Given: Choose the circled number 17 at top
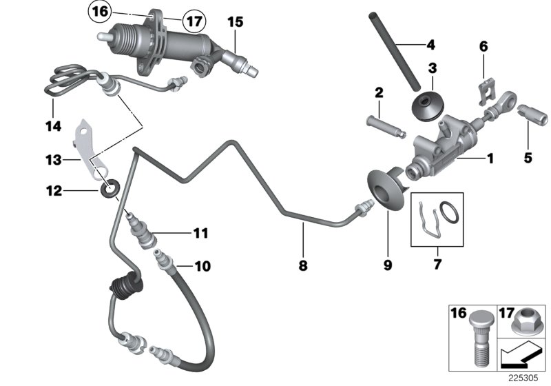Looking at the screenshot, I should pyautogui.click(x=195, y=21).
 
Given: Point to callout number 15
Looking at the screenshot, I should pyautogui.click(x=236, y=22).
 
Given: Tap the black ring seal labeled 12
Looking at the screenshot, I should pyautogui.click(x=109, y=189).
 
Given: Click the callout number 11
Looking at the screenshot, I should pyautogui.click(x=200, y=233).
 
